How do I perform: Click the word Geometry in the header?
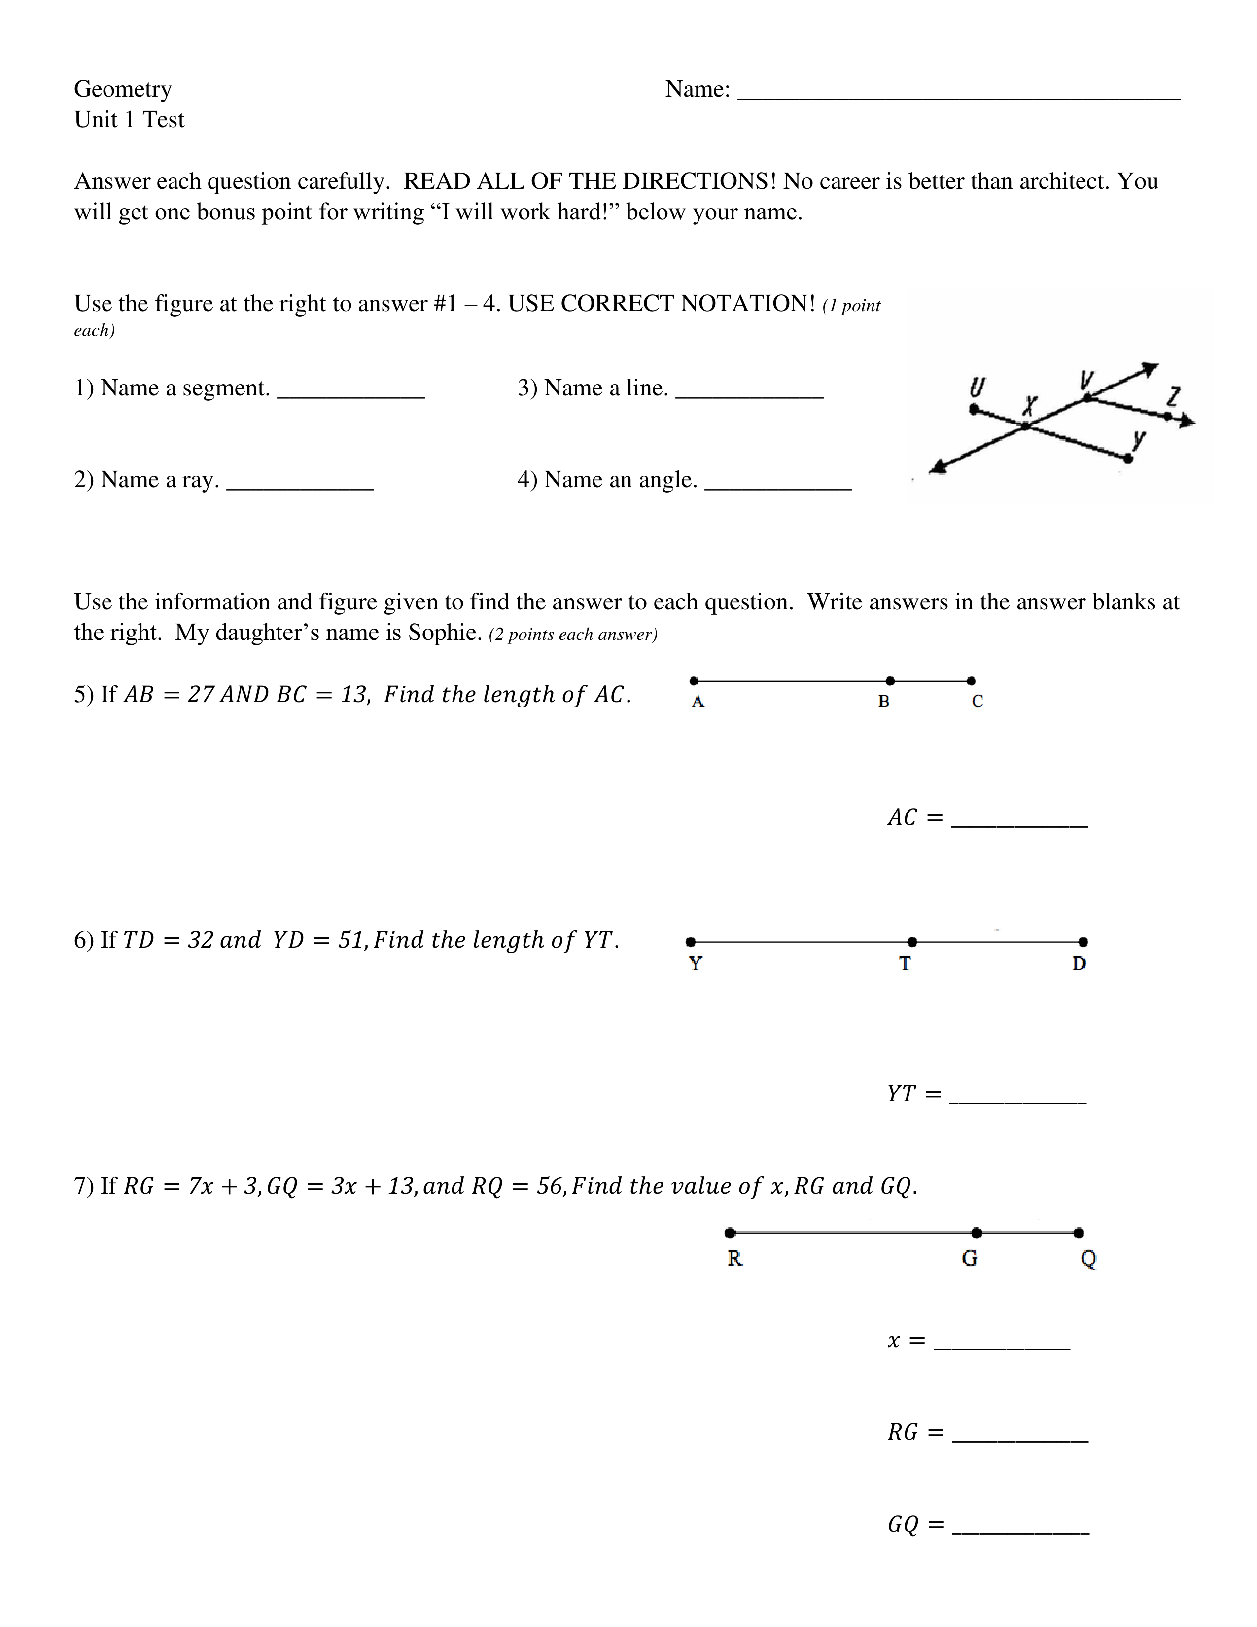[x=123, y=89]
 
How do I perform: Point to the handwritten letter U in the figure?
[x=977, y=388]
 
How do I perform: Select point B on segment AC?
[x=890, y=681]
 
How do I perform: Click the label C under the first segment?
[x=977, y=702]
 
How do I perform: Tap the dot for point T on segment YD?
[x=912, y=942]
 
